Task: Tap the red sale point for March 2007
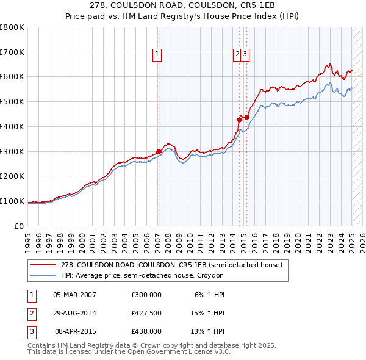click(x=159, y=151)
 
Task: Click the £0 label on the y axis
click(x=19, y=226)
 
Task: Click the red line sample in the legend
click(x=44, y=265)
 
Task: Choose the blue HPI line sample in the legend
click(x=44, y=275)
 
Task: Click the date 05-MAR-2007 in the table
click(x=75, y=294)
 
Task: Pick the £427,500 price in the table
click(x=146, y=312)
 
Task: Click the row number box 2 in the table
click(x=30, y=312)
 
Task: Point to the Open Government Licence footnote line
click(x=129, y=352)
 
